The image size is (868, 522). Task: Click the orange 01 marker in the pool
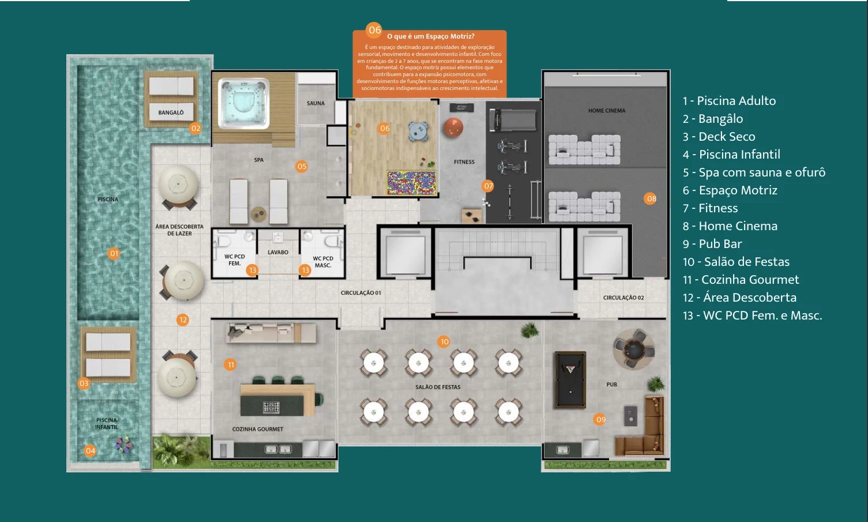114,253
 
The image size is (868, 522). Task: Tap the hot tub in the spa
244,103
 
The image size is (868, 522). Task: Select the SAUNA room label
315,103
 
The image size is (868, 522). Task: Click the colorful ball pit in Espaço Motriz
411,182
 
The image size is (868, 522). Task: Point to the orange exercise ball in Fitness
453,126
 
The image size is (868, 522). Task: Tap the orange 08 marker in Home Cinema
651,198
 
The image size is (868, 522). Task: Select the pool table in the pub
570,380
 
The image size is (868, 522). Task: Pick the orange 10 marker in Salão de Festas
444,341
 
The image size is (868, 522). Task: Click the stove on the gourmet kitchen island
271,407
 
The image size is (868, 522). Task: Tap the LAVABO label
278,252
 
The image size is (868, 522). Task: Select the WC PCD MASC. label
323,262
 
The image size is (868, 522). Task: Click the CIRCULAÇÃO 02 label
623,298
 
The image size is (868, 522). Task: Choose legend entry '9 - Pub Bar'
712,244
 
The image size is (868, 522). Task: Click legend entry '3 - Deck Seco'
719,137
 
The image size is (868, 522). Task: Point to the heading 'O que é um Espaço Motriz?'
430,36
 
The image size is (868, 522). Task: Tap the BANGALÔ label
171,112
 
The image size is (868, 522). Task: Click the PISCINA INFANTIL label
107,423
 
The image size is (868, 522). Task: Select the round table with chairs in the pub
633,348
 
